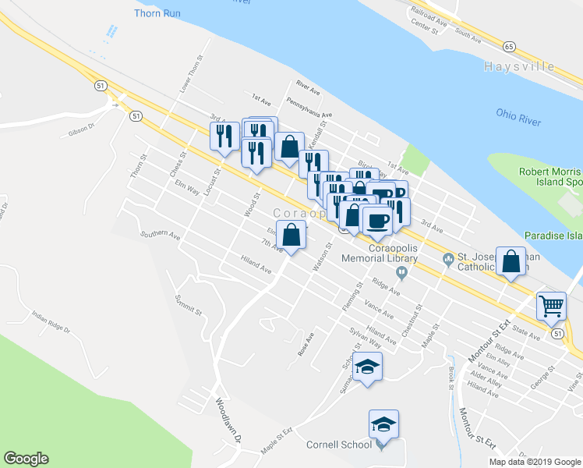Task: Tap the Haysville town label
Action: (529, 66)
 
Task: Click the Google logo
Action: (26, 459)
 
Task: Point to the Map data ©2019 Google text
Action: (534, 462)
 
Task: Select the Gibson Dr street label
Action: (81, 129)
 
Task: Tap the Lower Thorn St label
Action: (191, 74)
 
